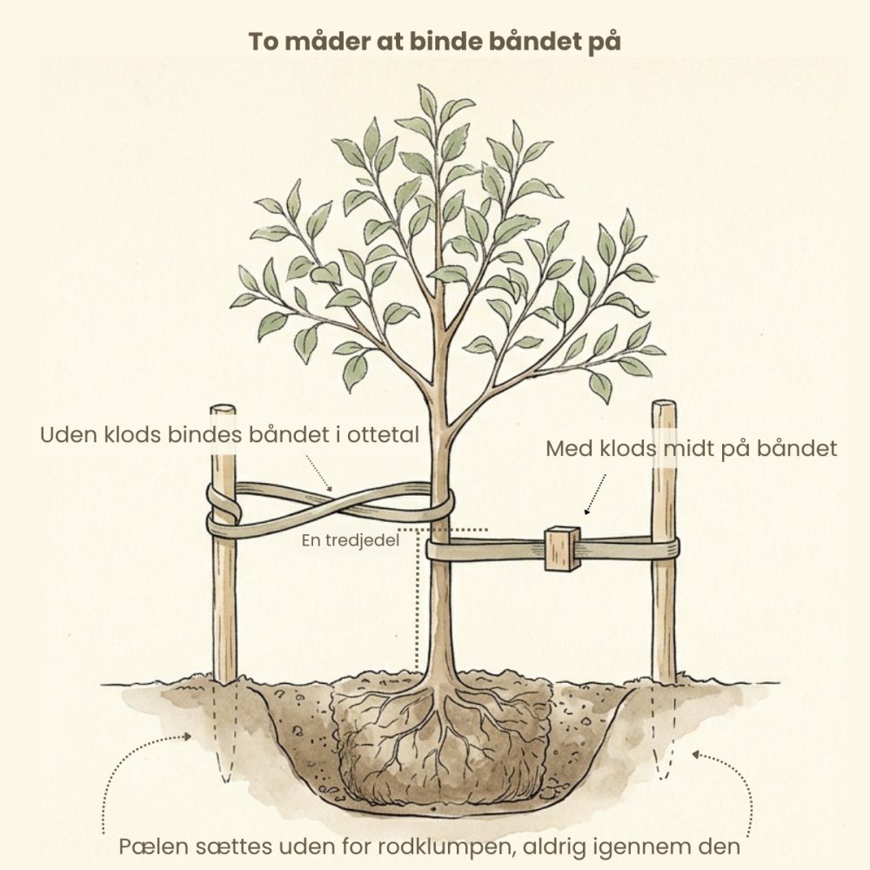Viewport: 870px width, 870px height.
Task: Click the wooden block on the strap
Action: point(562,549)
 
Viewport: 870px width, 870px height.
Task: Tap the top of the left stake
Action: point(223,410)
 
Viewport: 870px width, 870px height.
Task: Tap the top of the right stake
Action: point(664,405)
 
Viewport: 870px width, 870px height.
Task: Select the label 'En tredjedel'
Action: point(350,540)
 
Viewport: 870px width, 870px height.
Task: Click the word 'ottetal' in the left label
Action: point(383,435)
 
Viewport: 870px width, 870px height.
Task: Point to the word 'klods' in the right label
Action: point(628,448)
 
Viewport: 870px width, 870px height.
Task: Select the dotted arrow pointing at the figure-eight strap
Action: point(319,473)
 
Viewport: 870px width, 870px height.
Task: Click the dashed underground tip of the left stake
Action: point(225,777)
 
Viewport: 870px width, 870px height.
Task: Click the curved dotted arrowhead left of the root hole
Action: point(186,736)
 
